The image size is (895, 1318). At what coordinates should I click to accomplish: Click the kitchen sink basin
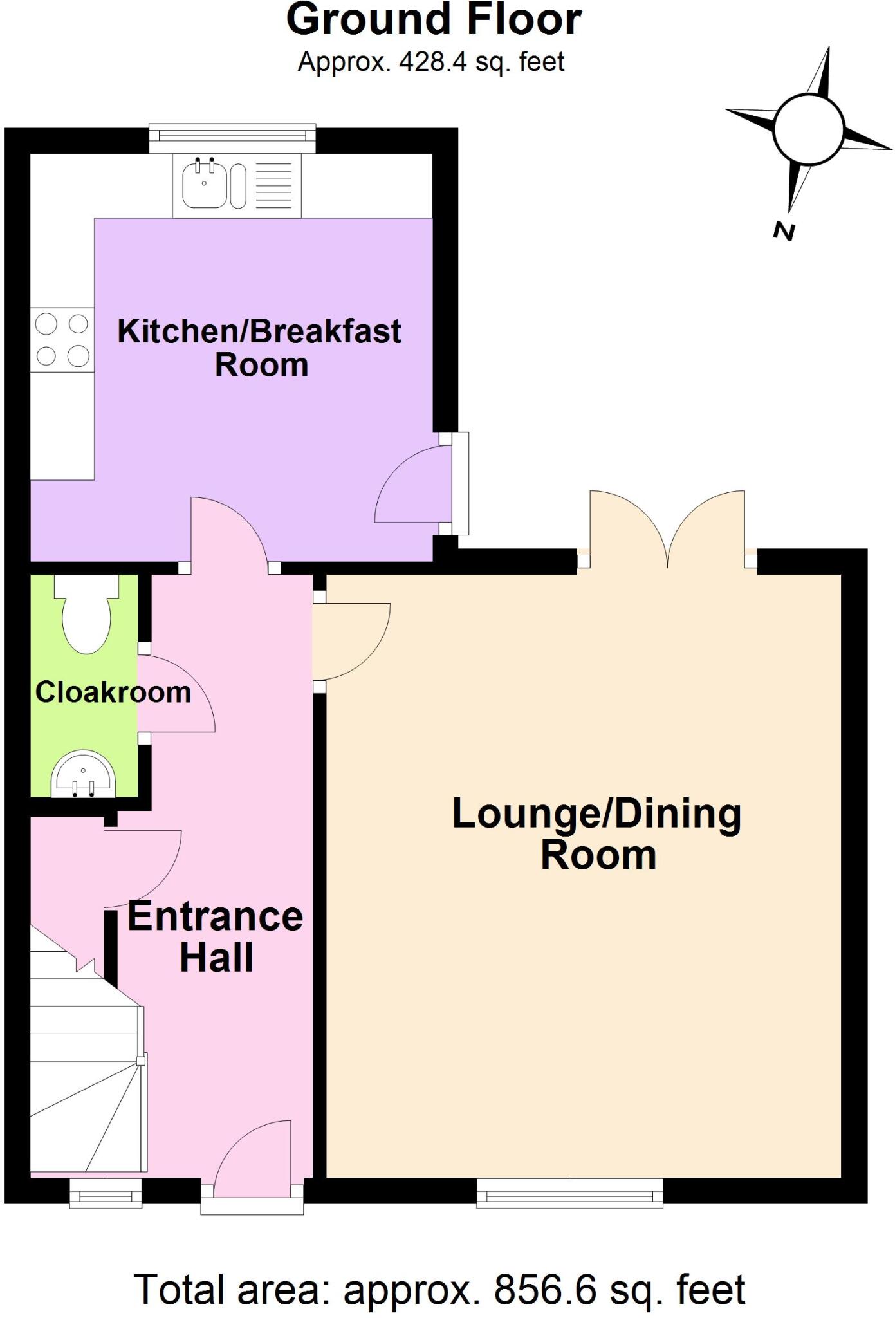tap(204, 184)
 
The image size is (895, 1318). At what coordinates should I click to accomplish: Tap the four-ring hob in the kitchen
tap(62, 340)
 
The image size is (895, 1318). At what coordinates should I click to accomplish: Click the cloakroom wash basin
tap(83, 777)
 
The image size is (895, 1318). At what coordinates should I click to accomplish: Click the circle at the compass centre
tap(808, 129)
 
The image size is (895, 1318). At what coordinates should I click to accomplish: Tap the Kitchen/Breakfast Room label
tap(259, 348)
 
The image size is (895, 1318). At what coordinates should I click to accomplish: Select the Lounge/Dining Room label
tap(597, 834)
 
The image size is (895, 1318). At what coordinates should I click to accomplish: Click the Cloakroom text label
tap(113, 693)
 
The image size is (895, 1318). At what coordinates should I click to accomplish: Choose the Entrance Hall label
tap(216, 937)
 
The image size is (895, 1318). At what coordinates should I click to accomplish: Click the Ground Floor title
tap(434, 21)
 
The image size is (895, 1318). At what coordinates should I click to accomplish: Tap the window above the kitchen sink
tap(232, 137)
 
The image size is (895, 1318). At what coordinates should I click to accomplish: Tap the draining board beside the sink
tap(274, 185)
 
